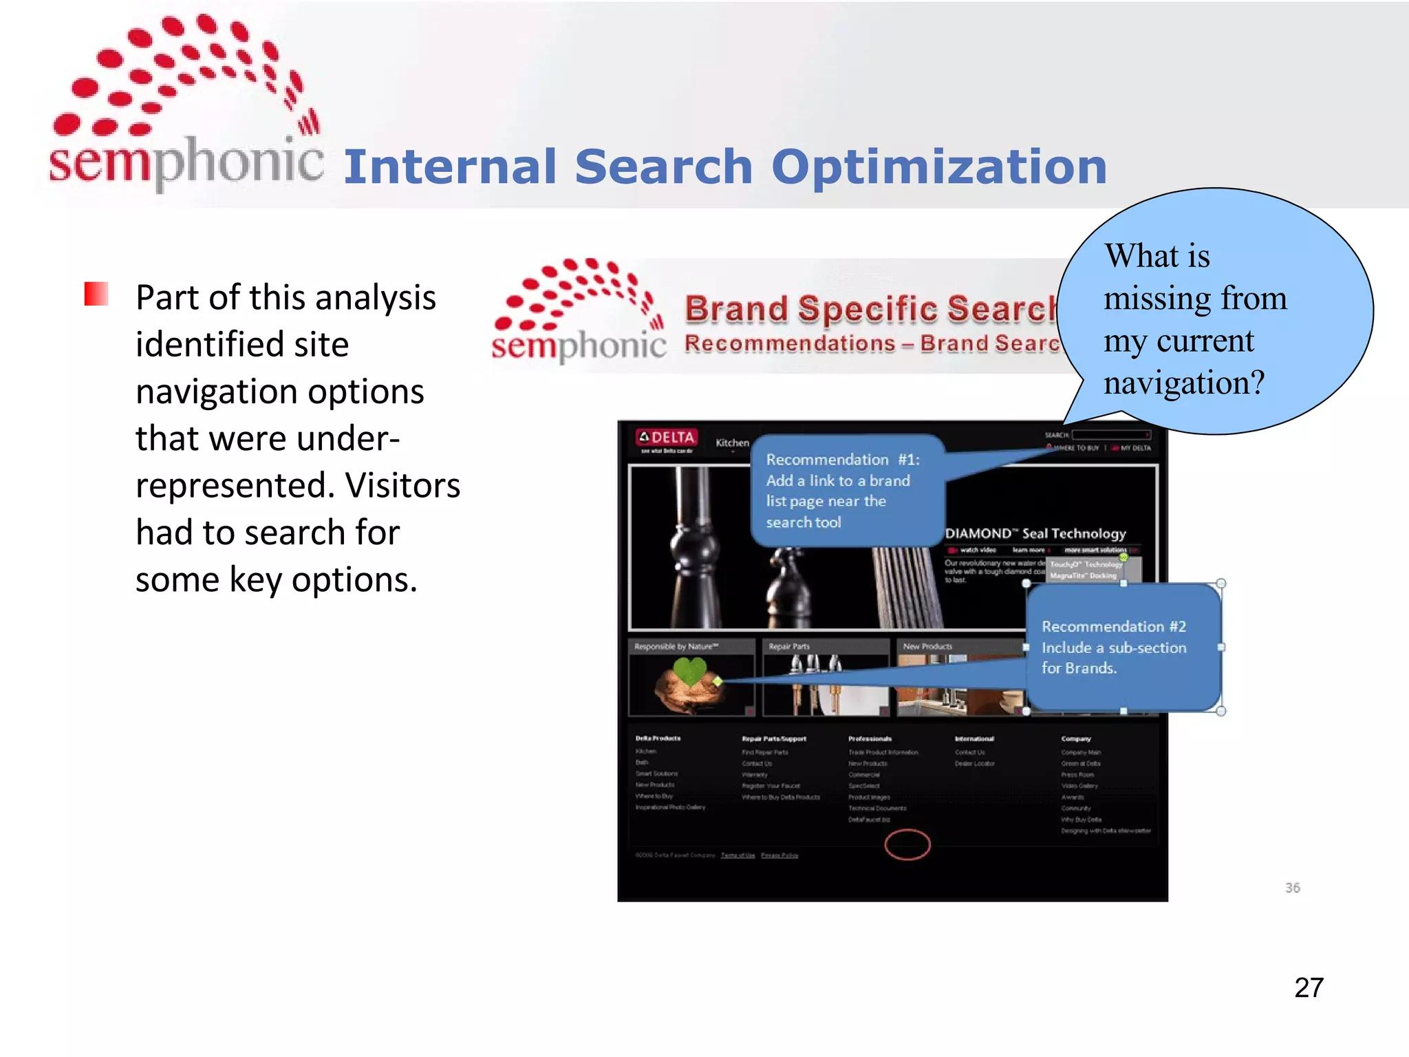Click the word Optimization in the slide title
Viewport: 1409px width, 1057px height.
coord(938,167)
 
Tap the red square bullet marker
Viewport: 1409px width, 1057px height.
coord(96,294)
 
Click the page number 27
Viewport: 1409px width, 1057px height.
coord(1308,987)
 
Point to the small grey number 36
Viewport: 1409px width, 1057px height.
coord(1292,888)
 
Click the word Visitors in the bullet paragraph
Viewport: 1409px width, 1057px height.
coord(402,485)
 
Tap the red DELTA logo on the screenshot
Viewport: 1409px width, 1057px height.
coord(666,438)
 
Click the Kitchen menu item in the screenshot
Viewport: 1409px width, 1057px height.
coord(731,442)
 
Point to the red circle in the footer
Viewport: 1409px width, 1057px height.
coord(907,844)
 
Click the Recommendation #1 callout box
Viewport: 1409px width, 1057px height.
coord(846,490)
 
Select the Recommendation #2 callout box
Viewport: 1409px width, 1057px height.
coord(1123,647)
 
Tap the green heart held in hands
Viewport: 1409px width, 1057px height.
coord(689,670)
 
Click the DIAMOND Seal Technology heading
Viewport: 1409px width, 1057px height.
coord(1035,533)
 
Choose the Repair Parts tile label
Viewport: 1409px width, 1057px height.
coord(789,646)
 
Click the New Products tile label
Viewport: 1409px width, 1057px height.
coord(927,646)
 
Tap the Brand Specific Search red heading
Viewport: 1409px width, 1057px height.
coord(870,308)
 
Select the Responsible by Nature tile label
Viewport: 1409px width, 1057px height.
coord(676,646)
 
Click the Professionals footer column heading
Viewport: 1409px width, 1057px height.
coord(870,738)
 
